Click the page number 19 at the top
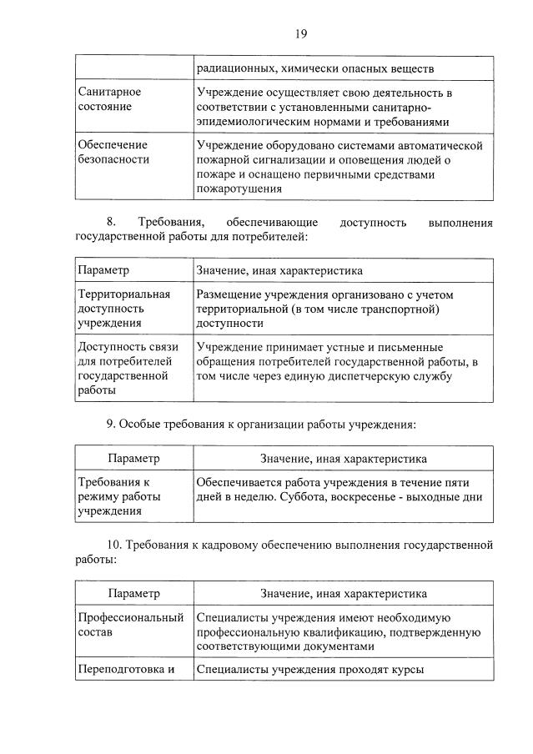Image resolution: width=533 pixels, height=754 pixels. pyautogui.click(x=301, y=33)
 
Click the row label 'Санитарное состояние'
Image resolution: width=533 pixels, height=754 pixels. pyautogui.click(x=109, y=98)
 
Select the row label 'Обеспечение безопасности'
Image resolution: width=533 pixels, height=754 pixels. pyautogui.click(x=113, y=152)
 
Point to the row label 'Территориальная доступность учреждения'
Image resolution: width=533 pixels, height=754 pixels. pyautogui.click(x=123, y=309)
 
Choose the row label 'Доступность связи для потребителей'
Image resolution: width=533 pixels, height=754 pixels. pyautogui.click(x=125, y=369)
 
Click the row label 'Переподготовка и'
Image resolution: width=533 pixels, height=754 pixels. pyautogui.click(x=124, y=669)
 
